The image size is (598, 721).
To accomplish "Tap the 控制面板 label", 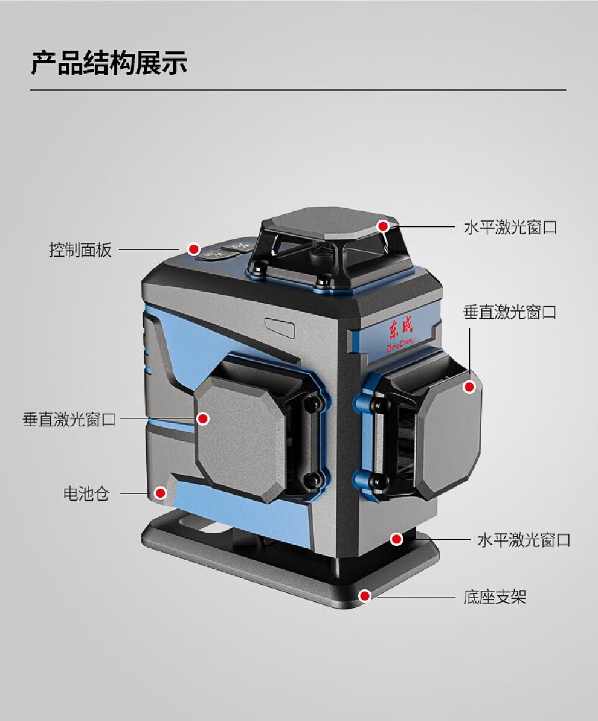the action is coord(80,250).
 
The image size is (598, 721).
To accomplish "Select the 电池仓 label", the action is coord(86,493).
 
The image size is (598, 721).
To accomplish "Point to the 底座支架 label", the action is coord(495,597).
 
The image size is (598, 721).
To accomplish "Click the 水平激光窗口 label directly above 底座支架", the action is coord(524,540).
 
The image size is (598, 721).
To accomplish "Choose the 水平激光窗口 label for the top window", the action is coord(510,228).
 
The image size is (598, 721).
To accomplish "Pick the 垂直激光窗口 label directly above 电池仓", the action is coord(69,420).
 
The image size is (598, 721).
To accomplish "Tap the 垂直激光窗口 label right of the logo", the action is coord(510,312).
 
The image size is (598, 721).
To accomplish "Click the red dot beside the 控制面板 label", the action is coord(193,249).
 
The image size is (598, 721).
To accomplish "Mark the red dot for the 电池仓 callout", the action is coord(160,493).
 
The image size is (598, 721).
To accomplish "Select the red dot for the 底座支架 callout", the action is coord(364,597).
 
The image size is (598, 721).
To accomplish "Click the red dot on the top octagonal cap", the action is coord(383,226).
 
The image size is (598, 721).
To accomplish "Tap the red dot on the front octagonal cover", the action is coord(203,418).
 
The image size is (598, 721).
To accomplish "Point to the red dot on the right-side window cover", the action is coord(469,387).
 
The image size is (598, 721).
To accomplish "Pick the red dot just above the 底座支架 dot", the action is coord(396,539).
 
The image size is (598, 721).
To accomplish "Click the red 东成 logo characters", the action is coord(399,332).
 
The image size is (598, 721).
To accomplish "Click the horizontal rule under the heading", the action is coord(298,90).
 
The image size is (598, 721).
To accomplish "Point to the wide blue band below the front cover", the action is coord(242,507).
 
